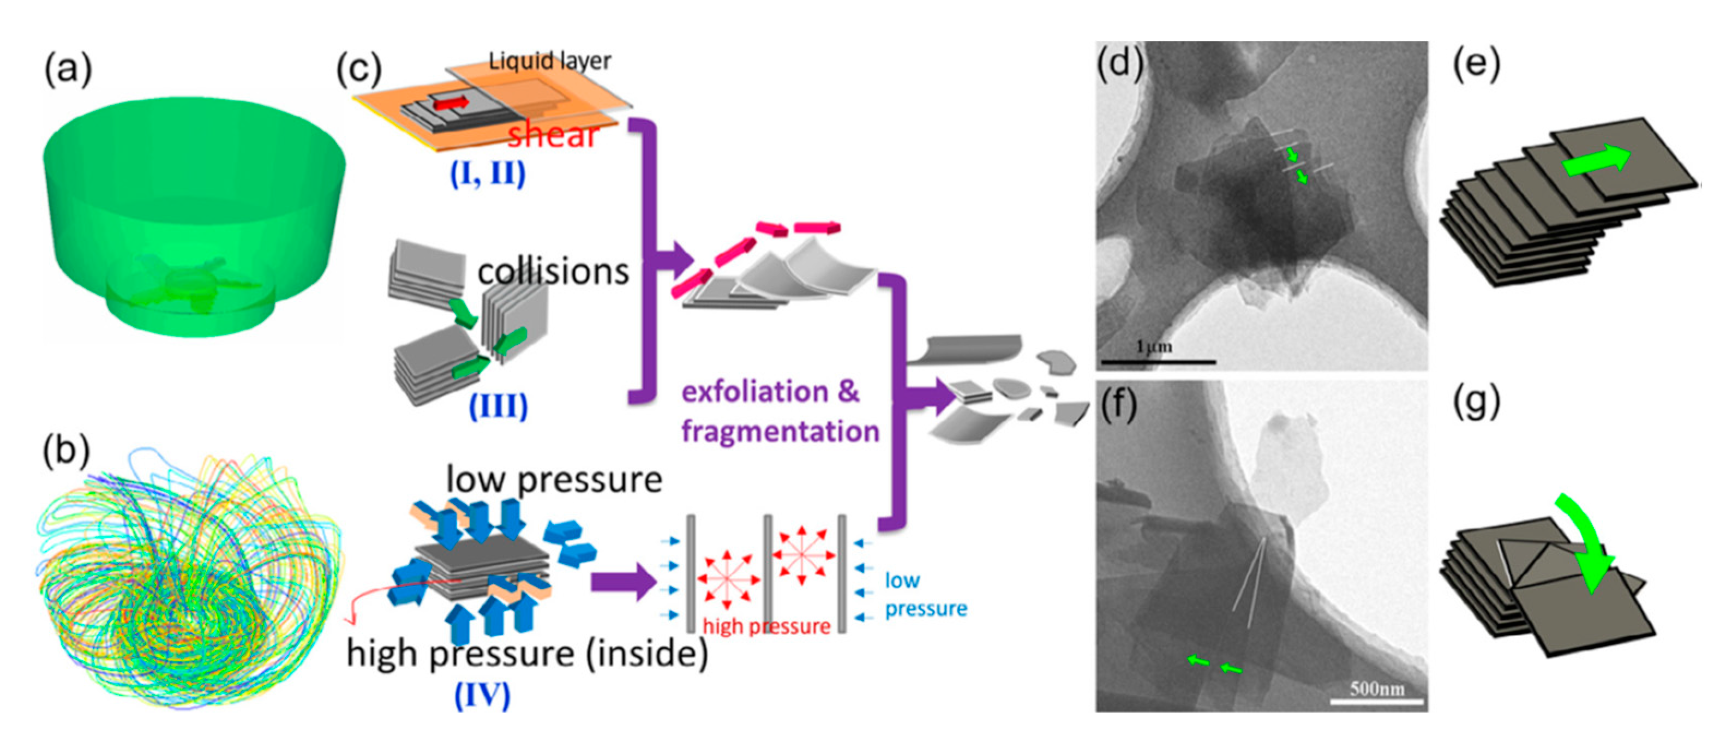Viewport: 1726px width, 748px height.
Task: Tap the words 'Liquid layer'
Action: pyautogui.click(x=549, y=61)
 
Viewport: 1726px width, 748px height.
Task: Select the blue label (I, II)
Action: pyautogui.click(x=487, y=173)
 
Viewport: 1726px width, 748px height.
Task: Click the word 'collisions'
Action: pyautogui.click(x=553, y=272)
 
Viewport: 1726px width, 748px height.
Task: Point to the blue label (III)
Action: pyautogui.click(x=498, y=405)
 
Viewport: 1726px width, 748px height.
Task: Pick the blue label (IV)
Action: pyautogui.click(x=482, y=695)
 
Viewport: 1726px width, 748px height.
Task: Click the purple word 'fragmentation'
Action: pyautogui.click(x=780, y=431)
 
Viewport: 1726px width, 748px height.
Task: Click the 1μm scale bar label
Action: pyautogui.click(x=1154, y=346)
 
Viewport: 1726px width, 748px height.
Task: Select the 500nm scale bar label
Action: pyautogui.click(x=1376, y=689)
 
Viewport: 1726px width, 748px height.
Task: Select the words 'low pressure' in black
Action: pyautogui.click(x=554, y=480)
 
